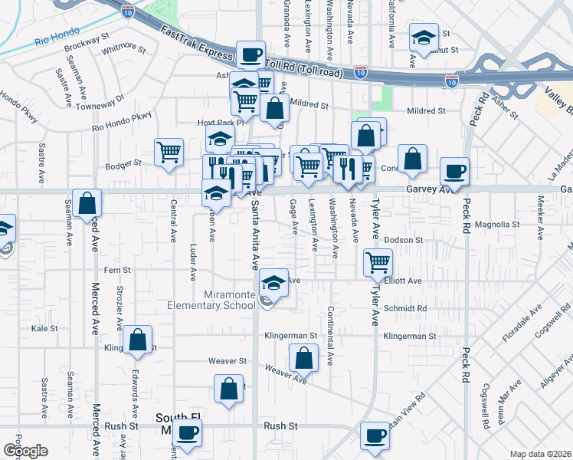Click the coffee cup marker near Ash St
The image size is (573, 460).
[250, 55]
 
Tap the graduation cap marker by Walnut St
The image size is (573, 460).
[422, 38]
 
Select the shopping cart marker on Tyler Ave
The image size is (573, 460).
[378, 263]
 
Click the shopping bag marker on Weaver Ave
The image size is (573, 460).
[304, 356]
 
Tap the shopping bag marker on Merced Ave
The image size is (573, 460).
[88, 203]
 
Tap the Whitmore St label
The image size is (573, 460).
[123, 50]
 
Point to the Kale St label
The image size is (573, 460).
[44, 328]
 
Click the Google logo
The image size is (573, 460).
[25, 451]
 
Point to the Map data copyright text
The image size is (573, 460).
[539, 454]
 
